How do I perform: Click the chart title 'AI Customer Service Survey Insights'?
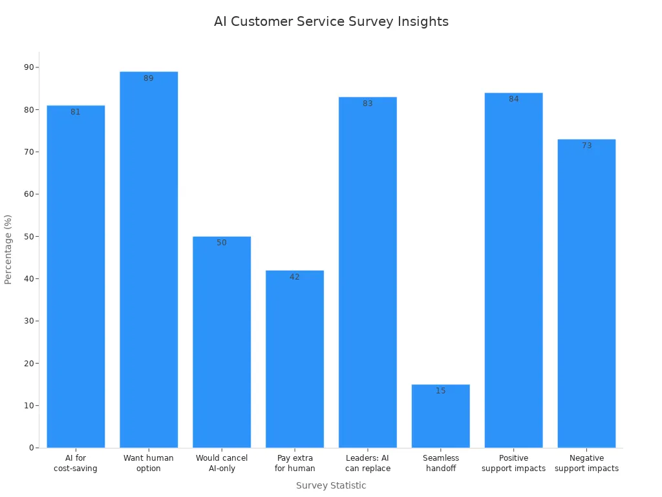coord(331,21)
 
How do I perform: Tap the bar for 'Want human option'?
coord(149,259)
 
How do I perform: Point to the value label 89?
coord(149,78)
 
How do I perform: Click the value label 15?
coord(440,391)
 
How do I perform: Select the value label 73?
coord(586,146)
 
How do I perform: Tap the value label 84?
coord(513,99)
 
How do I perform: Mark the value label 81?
coord(76,112)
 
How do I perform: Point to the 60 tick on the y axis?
coord(29,194)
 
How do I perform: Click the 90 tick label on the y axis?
coord(29,67)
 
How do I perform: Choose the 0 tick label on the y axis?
coord(31,448)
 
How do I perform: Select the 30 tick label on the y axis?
coord(29,321)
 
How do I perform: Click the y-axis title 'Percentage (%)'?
coord(8,249)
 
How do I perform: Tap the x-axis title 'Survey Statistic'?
coord(331,485)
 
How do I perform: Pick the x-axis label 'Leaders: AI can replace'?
coord(367,463)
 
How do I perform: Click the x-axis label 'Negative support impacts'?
coord(586,463)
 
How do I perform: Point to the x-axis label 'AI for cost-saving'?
coord(76,463)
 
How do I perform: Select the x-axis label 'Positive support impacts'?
coord(513,463)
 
